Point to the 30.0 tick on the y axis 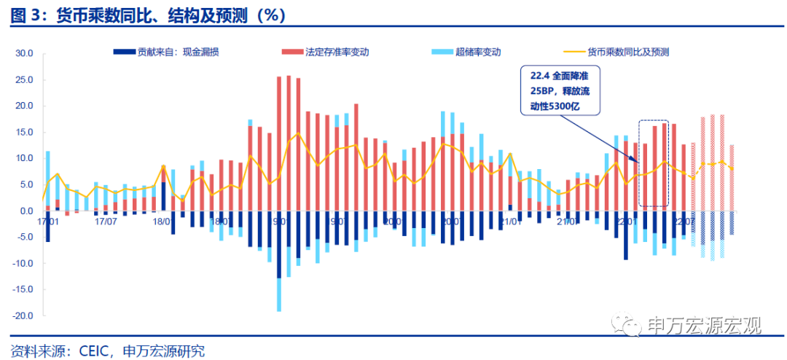(x=26, y=53)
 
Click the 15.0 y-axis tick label (x=26, y=132)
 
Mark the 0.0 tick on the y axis (x=28, y=211)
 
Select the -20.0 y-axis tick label (x=24, y=316)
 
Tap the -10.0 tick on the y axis (x=24, y=263)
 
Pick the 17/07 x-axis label (x=106, y=219)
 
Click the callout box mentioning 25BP (x=560, y=90)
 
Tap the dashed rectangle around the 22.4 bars (x=654, y=164)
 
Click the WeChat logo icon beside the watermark (x=626, y=324)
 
